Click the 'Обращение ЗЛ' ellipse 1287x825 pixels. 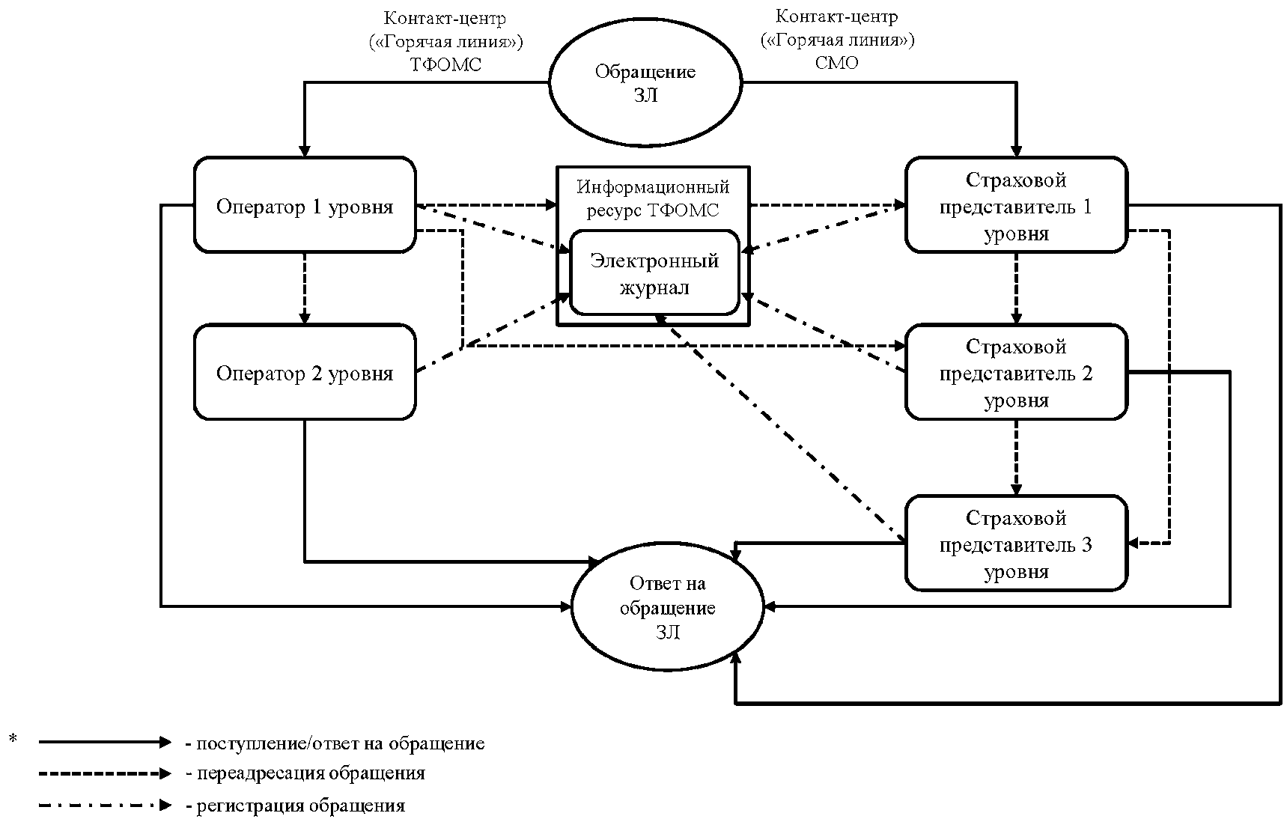click(x=645, y=82)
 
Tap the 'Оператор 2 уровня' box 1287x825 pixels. click(x=305, y=373)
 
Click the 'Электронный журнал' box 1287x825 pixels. click(x=654, y=273)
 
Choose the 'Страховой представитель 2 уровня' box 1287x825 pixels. click(x=1016, y=373)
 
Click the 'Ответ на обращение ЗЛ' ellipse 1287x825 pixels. click(x=667, y=607)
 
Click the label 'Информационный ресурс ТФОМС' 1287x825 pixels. click(x=653, y=198)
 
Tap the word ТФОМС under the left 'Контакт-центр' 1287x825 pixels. click(x=445, y=64)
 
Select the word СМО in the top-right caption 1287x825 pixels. click(x=836, y=63)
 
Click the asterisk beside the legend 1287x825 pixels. click(x=13, y=740)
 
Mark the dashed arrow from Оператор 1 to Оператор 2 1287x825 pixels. click(x=305, y=288)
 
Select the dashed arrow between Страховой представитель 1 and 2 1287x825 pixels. click(x=1016, y=288)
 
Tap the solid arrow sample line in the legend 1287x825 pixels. click(x=105, y=743)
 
